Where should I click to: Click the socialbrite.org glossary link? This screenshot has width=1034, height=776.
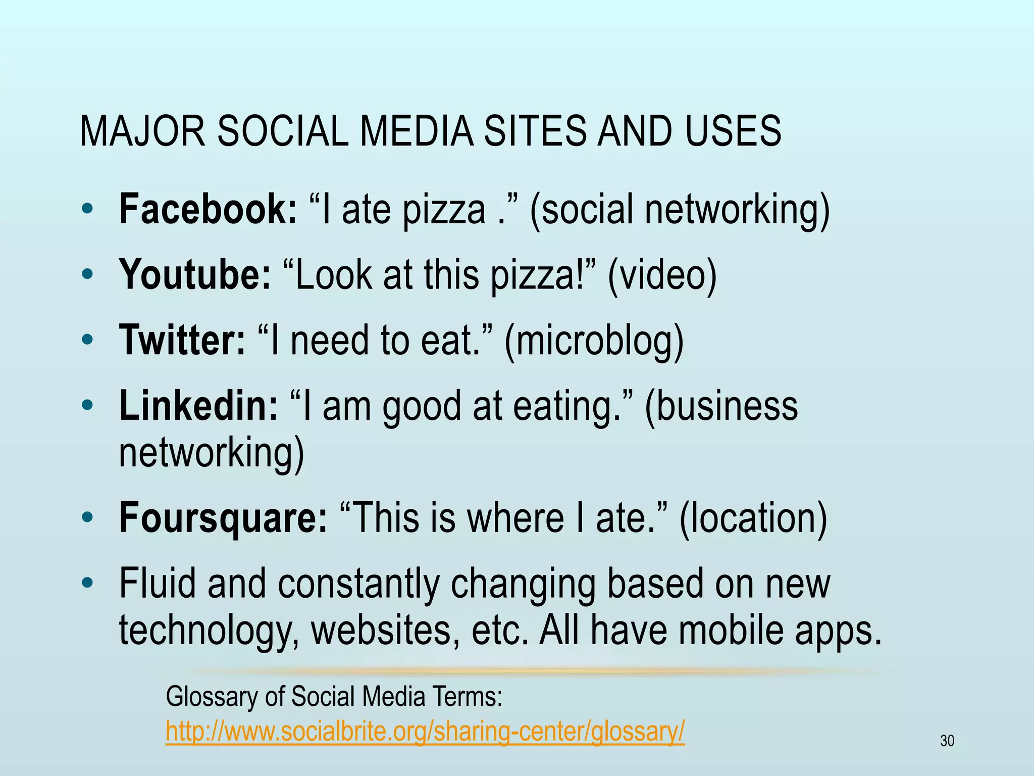(425, 731)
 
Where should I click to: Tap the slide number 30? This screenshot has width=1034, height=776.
(947, 741)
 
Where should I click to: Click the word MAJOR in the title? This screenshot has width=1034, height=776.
(142, 131)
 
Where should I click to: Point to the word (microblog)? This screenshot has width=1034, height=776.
(594, 341)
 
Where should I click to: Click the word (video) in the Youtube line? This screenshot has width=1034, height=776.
(662, 275)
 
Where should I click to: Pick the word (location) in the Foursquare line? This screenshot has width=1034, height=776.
(753, 518)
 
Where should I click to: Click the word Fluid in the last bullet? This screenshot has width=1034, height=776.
(157, 583)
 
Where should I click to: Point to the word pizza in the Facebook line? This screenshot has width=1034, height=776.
(443, 210)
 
